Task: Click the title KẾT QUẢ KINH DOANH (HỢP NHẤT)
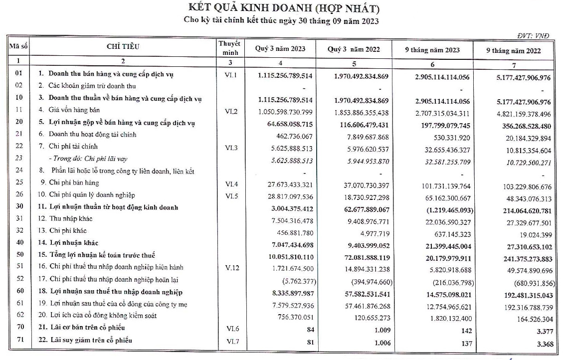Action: point(282,8)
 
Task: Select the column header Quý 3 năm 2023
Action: point(280,49)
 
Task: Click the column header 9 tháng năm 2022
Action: point(514,50)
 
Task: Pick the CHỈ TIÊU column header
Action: point(123,47)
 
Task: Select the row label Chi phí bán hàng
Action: point(74,183)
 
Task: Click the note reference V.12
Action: point(230,268)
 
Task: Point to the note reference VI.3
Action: point(230,147)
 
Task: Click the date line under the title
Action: point(281,21)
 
